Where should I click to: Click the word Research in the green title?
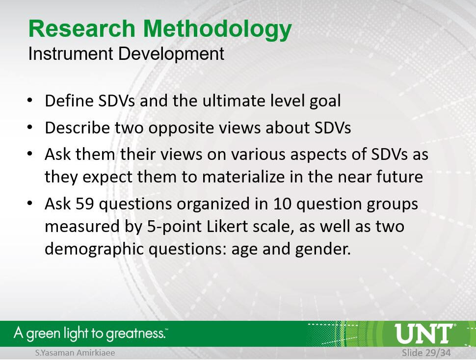pyautogui.click(x=82, y=28)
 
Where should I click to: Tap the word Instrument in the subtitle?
pyautogui.click(x=71, y=53)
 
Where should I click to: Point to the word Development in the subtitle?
pyautogui.click(x=171, y=54)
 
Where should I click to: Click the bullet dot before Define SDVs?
pyautogui.click(x=29, y=100)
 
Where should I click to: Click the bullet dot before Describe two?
pyautogui.click(x=29, y=127)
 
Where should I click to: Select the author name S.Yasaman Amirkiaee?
pyautogui.click(x=75, y=353)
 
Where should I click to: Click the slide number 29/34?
pyautogui.click(x=437, y=353)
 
